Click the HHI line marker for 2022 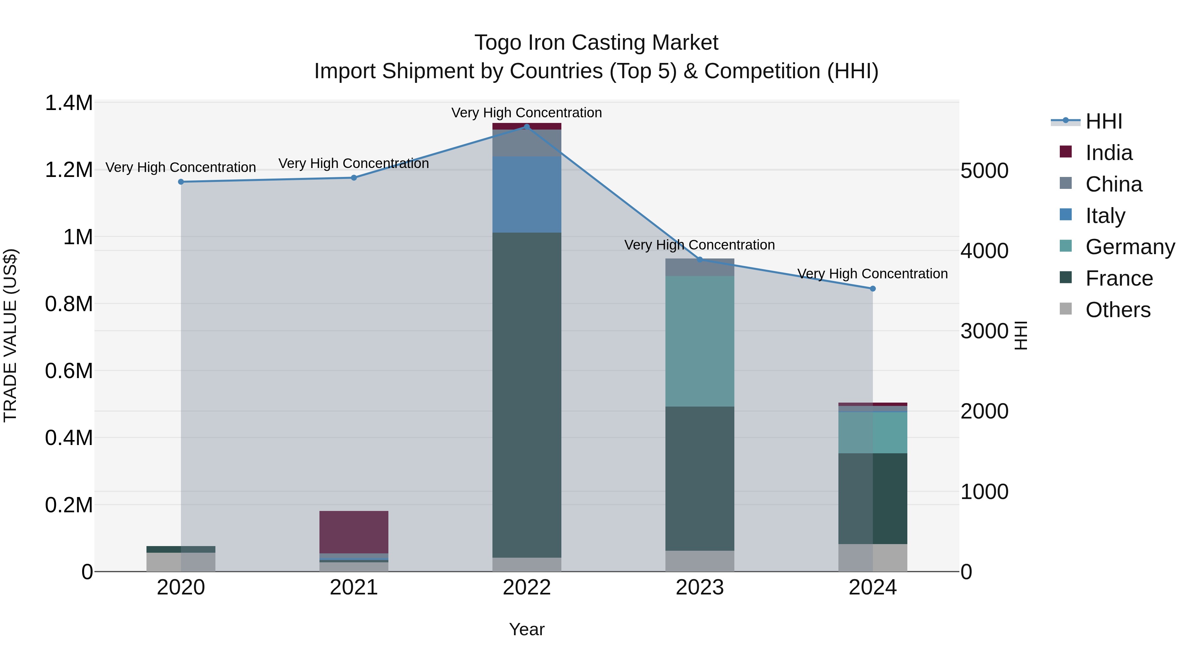527,127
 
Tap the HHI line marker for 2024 873,289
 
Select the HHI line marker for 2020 181,182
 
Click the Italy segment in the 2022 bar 527,195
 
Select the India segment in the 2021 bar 354,532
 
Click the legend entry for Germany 1130,247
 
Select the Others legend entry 1117,310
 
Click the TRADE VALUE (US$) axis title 10,335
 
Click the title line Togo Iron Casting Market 596,43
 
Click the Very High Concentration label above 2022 527,113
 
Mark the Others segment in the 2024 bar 873,558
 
